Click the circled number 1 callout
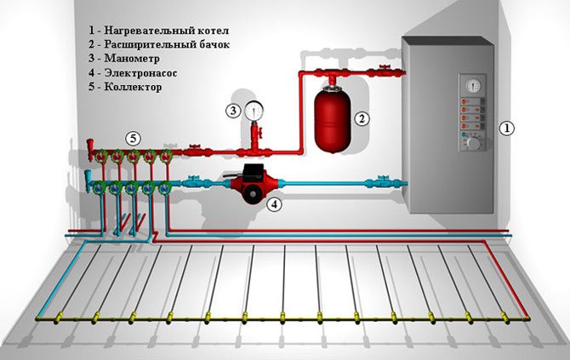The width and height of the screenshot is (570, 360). point(506,129)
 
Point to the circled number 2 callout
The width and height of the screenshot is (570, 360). point(362,118)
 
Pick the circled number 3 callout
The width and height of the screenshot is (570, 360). point(231,110)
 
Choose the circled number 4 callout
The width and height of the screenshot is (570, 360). point(274,204)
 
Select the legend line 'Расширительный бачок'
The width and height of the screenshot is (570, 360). point(158,43)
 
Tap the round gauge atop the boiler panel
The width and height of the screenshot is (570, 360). point(472,83)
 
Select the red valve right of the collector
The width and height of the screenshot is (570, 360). point(197,151)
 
